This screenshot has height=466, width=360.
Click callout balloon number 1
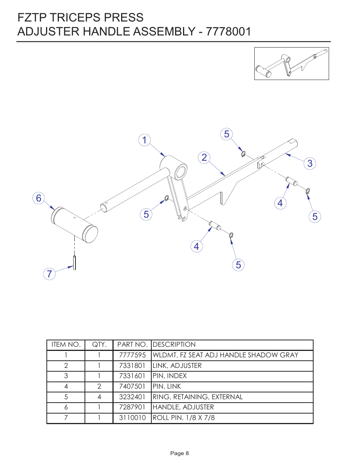144,140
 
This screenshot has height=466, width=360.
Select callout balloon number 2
204,157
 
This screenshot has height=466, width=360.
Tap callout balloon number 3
310,163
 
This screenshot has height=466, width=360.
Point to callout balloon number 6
38,198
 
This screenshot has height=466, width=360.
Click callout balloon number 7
49,274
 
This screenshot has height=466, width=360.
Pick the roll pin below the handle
75,262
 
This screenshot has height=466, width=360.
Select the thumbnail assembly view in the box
291,63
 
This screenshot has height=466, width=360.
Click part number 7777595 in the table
132,355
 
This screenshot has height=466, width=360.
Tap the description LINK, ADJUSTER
177,366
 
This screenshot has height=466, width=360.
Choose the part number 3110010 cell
132,418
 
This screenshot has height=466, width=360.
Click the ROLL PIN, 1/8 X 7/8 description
183,418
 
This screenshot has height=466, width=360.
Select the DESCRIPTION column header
174,345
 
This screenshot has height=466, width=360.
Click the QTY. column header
99,345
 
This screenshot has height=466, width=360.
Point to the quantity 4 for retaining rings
99,397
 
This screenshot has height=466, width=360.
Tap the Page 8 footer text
179,453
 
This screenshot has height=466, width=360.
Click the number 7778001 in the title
228,32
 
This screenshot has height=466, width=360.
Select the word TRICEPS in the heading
75,18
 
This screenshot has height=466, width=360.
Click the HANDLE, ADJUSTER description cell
183,407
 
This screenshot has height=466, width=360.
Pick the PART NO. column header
132,345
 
